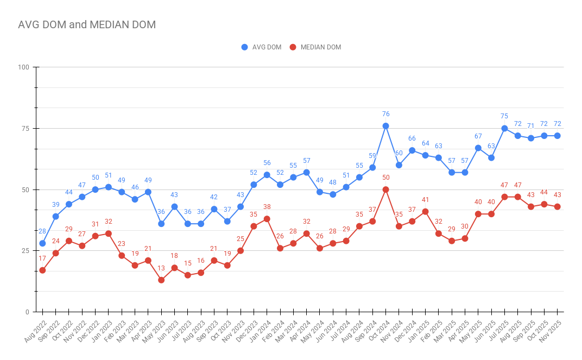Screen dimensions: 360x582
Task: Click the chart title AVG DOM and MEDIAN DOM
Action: [87, 24]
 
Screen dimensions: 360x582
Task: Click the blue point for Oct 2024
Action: [385, 126]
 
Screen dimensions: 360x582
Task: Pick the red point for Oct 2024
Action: [385, 190]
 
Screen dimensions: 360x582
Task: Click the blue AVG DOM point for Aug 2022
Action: [42, 243]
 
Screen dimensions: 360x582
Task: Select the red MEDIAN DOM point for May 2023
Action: [161, 280]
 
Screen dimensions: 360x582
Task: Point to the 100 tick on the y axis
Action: [23, 67]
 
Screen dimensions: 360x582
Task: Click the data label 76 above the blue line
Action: [385, 114]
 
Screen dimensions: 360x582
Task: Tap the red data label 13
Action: [161, 268]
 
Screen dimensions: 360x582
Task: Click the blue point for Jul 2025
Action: [504, 129]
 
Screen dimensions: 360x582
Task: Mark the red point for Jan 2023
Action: [109, 233]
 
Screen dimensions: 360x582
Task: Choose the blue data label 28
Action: [42, 232]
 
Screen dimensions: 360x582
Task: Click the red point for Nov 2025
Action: [557, 207]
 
